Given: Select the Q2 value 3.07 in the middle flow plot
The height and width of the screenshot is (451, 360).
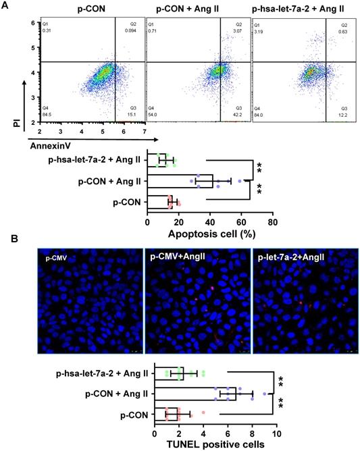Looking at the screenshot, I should pyautogui.click(x=238, y=31).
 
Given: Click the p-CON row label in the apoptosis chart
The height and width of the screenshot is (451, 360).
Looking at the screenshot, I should pyautogui.click(x=126, y=200).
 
